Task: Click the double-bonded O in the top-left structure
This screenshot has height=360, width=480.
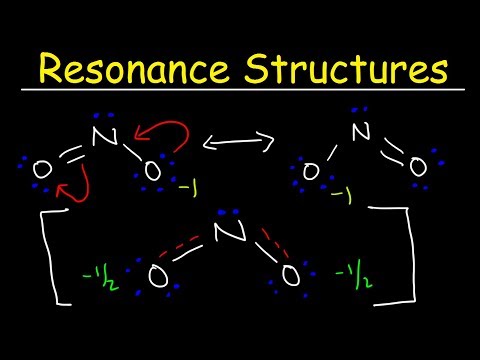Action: coord(41,171)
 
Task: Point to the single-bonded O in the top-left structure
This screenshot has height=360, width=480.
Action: coord(152,172)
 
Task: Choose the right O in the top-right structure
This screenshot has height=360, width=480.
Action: coord(420,166)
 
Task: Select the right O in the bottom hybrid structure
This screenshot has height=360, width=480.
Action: coord(290,274)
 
